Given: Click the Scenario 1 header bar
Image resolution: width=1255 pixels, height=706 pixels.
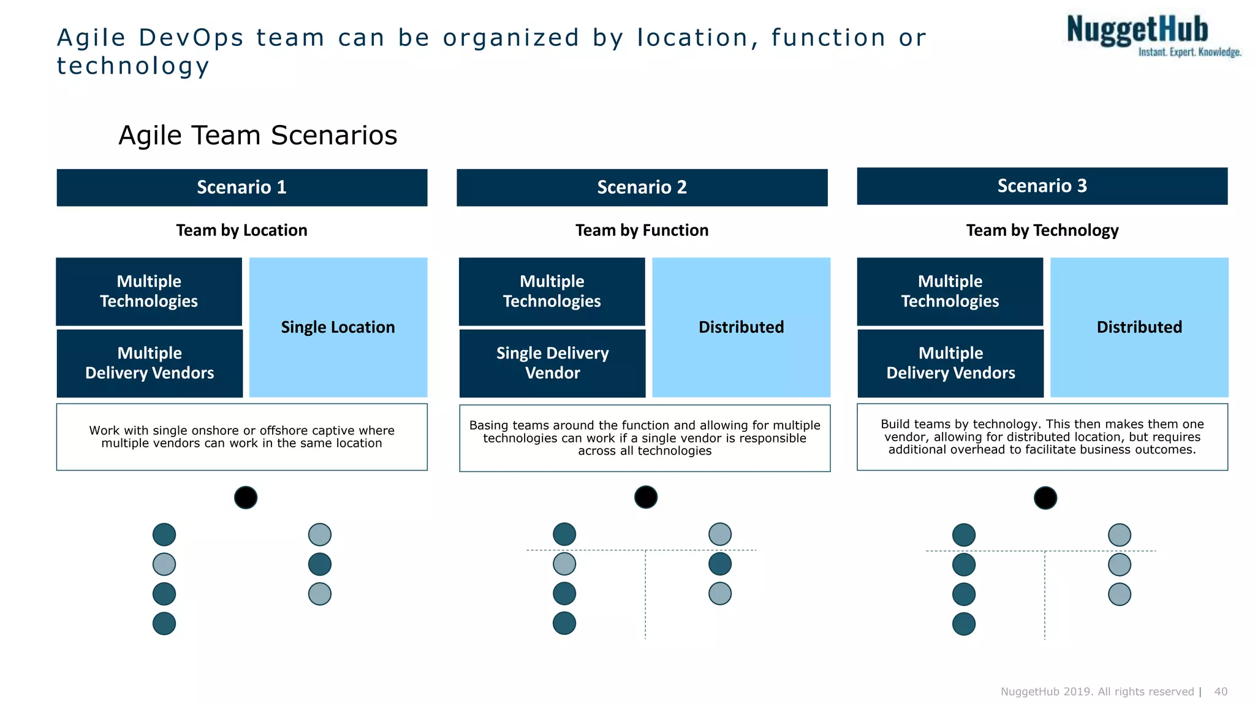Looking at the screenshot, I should coord(241,188).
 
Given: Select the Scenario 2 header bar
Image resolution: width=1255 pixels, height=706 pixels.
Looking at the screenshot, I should coord(642,188).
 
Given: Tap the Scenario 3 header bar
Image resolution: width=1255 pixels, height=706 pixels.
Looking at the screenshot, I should coord(1042,186).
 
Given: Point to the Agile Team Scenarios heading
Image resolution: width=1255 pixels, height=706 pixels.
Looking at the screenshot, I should coord(257,135).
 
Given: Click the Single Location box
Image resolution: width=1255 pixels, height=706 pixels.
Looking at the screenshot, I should coord(338,327).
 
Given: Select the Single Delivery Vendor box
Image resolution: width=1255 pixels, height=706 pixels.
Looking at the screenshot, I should coord(552,363).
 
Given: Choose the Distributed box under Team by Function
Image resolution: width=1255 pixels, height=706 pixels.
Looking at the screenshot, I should coord(741,327).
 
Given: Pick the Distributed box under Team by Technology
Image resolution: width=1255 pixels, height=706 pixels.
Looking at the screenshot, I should coord(1139,327).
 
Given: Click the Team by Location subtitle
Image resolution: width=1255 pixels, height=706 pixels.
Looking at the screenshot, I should coord(241,230).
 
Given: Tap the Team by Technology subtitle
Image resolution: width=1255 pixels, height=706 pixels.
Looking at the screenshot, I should coord(1042,230).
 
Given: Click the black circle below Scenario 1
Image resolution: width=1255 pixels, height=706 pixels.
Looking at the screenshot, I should coord(246,498).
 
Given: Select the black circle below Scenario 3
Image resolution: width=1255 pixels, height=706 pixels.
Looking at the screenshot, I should coord(1045,498).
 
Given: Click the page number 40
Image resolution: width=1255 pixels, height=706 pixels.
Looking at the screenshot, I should coord(1220,691).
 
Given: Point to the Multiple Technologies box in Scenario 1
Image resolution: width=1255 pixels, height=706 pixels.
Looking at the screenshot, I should coord(149,292).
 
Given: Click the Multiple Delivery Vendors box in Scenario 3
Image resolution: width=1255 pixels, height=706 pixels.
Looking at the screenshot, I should coord(950,363).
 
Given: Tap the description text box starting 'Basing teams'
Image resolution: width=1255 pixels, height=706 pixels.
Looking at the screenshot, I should coord(645,438).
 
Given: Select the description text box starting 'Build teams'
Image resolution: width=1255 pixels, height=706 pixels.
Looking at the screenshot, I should coord(1042,437).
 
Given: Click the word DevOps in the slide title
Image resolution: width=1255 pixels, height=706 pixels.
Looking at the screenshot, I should coord(191,38).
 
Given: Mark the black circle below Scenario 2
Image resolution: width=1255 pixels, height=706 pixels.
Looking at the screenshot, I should coord(645,497).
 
